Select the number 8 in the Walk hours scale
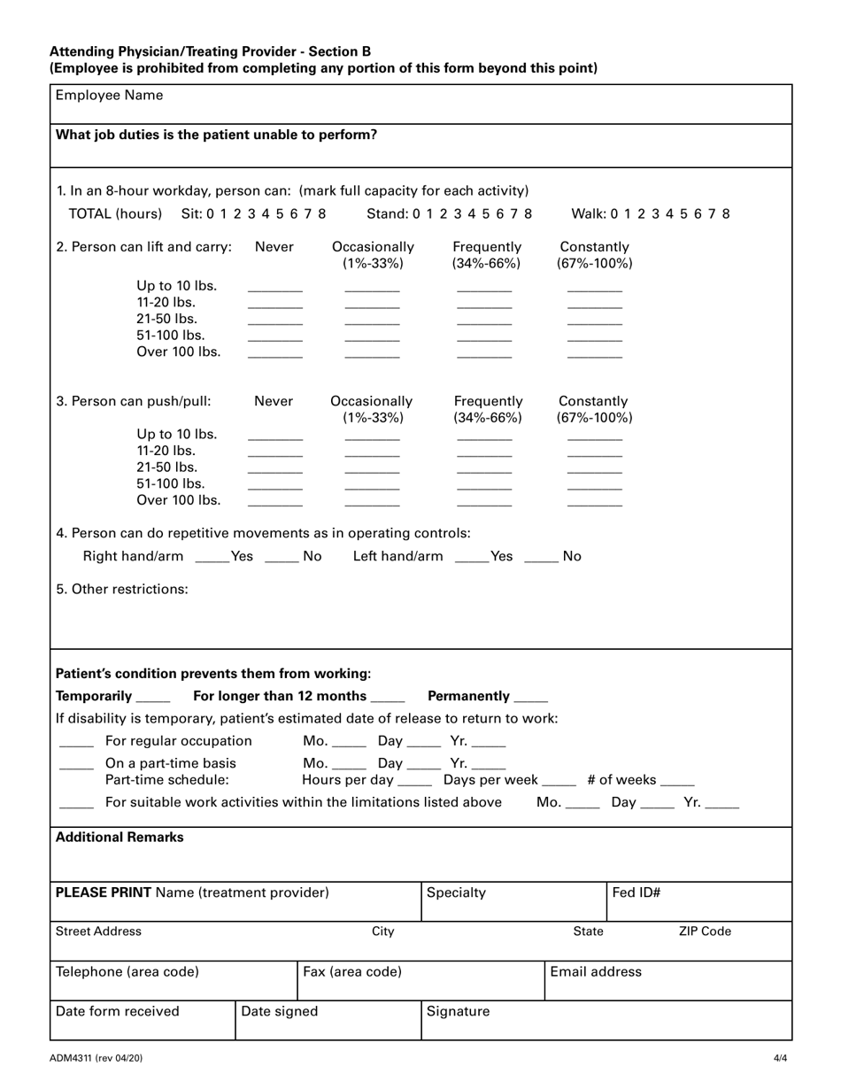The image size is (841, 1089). [x=726, y=213]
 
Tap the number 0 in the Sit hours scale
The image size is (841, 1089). [x=211, y=213]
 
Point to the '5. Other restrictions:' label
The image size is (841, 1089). [x=122, y=589]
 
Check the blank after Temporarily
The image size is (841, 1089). [x=154, y=699]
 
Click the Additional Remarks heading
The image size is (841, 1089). [x=120, y=838]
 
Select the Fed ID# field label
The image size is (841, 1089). [x=637, y=892]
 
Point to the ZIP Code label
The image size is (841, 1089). [x=705, y=931]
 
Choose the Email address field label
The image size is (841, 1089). [x=596, y=972]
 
